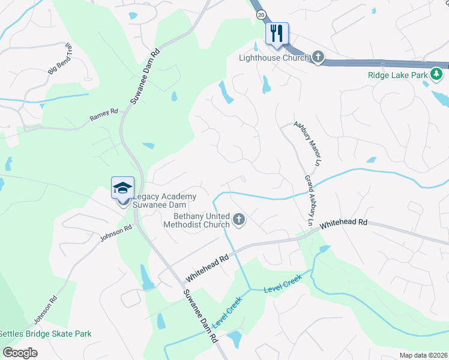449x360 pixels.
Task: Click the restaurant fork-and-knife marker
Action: click(277, 33)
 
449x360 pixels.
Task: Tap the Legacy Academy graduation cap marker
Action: click(123, 188)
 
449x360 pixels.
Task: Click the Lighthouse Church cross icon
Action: click(318, 58)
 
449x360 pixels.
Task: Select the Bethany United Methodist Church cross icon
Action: click(239, 220)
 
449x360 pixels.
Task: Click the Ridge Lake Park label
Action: click(397, 76)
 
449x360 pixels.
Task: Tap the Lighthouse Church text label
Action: click(274, 58)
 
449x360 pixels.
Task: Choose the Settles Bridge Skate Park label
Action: click(46, 334)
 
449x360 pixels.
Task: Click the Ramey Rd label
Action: click(104, 114)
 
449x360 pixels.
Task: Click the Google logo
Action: click(20, 352)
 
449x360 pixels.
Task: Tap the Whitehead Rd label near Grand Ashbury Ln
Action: click(343, 224)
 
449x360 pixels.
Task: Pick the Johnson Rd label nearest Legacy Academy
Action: click(116, 232)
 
